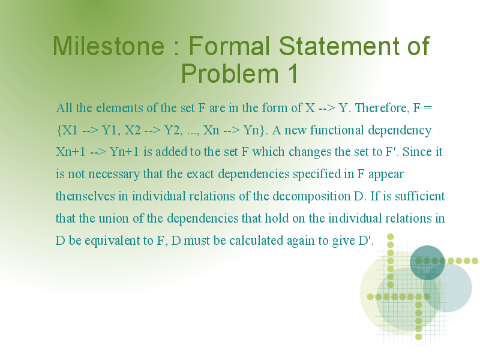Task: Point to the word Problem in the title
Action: tap(230, 73)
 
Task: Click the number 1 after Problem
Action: tap(292, 73)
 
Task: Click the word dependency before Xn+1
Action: tap(400, 130)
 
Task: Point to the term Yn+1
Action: tap(124, 152)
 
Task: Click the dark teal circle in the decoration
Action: tap(427, 263)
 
